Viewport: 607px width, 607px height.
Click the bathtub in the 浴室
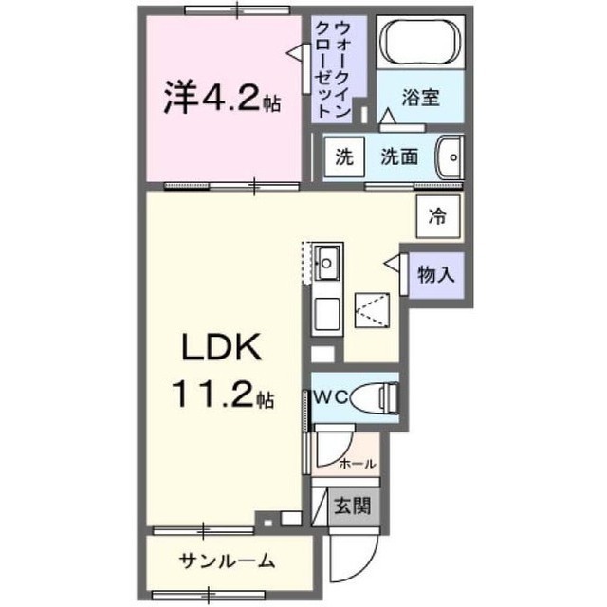(x=420, y=42)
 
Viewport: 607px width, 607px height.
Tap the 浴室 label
(x=420, y=97)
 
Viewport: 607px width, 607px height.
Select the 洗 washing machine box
(x=344, y=156)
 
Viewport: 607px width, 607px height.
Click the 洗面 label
(x=399, y=156)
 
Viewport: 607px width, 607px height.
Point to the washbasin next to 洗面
(x=450, y=157)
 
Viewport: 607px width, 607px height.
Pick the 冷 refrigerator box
(x=438, y=216)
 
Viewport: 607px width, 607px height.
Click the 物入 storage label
(x=436, y=275)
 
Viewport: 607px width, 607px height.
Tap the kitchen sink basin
(x=327, y=263)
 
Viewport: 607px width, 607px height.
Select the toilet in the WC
(x=375, y=397)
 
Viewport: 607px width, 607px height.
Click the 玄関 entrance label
(x=353, y=506)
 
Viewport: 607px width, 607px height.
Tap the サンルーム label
(x=228, y=561)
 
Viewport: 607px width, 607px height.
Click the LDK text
(x=221, y=347)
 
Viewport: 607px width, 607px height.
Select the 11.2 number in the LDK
(x=214, y=395)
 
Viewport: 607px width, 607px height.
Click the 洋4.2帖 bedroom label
(x=222, y=97)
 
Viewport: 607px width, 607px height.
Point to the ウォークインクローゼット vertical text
(x=333, y=69)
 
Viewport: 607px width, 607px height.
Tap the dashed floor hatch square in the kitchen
(x=372, y=310)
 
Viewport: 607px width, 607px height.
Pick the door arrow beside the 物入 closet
(x=392, y=263)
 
